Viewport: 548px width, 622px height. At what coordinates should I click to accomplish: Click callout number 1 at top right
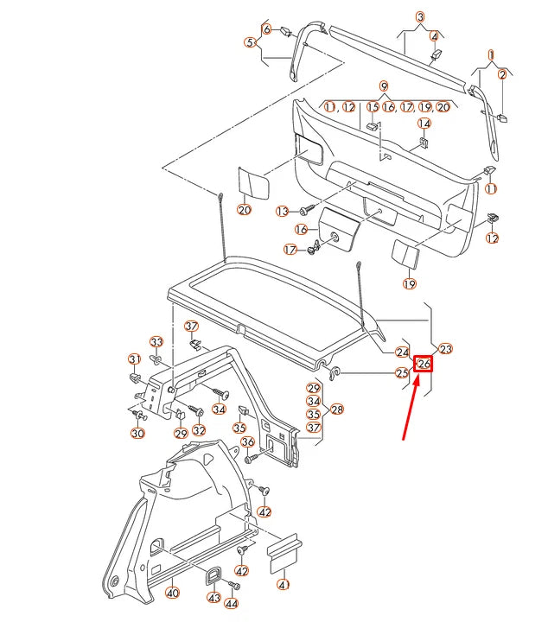point(491,54)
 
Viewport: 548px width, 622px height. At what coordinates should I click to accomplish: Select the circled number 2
point(502,75)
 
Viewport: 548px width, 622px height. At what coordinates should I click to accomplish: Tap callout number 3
point(420,17)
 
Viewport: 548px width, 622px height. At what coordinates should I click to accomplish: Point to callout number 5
point(250,41)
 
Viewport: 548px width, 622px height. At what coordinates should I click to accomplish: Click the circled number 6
point(266,29)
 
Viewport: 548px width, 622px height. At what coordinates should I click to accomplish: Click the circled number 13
point(283,211)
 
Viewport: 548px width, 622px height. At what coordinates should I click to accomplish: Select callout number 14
point(425,124)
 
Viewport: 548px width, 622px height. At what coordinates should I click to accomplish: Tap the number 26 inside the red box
point(424,365)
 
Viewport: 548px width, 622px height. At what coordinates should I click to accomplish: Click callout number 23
point(446,349)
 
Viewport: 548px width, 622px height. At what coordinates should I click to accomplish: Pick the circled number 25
point(402,373)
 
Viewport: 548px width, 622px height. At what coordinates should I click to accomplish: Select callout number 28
point(337,409)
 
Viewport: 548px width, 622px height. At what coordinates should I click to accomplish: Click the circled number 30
point(138,432)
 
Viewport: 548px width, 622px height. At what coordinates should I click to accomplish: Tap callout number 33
point(156,341)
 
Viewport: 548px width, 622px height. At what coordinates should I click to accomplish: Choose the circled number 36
point(247,442)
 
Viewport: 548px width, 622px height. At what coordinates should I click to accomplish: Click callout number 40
point(173,593)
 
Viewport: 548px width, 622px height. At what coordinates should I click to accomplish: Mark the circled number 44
point(233,605)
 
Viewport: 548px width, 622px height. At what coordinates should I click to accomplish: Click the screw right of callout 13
point(306,210)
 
